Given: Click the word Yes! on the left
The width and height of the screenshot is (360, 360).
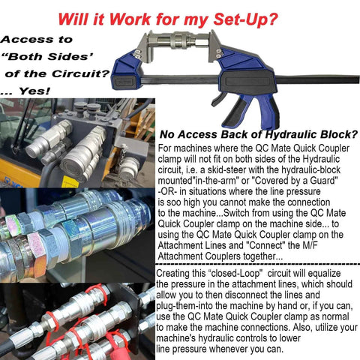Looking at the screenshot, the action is pyautogui.click(x=34, y=91).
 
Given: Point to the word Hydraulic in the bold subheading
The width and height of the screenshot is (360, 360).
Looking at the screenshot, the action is pyautogui.click(x=291, y=134).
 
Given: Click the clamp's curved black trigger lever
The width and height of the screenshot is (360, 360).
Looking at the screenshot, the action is pyautogui.click(x=219, y=99).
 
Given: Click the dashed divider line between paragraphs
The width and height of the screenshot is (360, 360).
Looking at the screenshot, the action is pyautogui.click(x=257, y=264).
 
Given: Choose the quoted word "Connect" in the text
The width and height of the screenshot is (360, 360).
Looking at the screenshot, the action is pyautogui.click(x=266, y=245).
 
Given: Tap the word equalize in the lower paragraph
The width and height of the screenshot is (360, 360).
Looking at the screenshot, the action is pyautogui.click(x=324, y=273).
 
